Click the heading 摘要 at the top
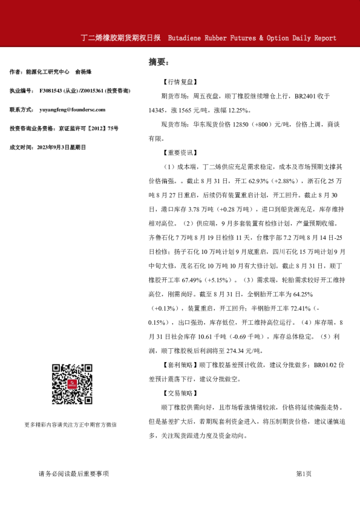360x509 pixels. coord(159,62)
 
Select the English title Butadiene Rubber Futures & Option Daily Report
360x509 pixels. coord(252,37)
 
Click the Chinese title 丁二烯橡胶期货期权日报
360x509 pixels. coord(121,37)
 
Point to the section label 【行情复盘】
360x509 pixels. coord(178,80)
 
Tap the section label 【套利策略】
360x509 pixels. coord(178,365)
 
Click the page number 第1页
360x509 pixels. coord(304,474)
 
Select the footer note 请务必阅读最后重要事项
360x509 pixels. coord(74,474)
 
